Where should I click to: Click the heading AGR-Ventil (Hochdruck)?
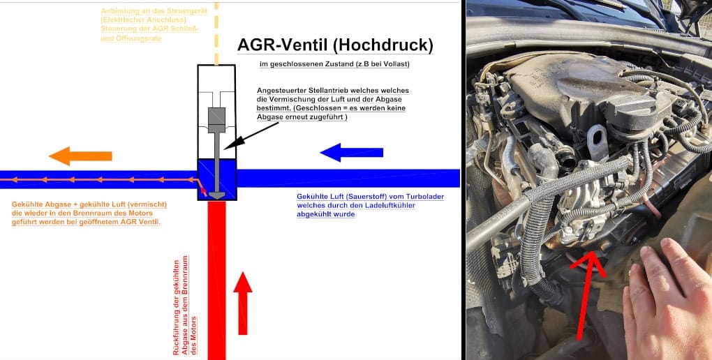[x=335, y=45]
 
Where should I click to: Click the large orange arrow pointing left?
[x=80, y=156]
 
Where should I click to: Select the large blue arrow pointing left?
[x=351, y=153]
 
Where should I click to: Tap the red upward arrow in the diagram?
[x=243, y=303]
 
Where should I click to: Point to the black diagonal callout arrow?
[x=251, y=135]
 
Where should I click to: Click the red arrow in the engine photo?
[x=588, y=295]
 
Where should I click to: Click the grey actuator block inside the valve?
[x=216, y=120]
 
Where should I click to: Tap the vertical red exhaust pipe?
[x=216, y=280]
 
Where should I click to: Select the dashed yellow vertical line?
[x=216, y=33]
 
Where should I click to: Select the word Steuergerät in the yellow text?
[x=187, y=11]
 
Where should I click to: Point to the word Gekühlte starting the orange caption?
[x=27, y=204]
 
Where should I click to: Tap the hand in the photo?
[x=667, y=299]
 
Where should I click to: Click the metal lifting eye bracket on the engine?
[x=597, y=142]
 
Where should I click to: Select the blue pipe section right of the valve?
[x=348, y=179]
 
